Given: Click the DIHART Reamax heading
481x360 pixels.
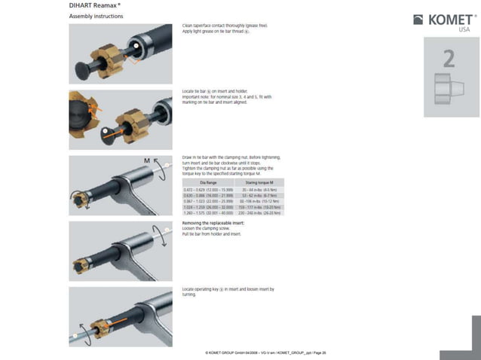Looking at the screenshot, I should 95,5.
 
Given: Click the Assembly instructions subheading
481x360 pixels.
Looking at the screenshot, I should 97,16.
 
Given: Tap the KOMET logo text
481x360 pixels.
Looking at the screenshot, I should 450,20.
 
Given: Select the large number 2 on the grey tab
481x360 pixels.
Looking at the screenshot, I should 449,58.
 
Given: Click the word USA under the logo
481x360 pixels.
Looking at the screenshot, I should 464,30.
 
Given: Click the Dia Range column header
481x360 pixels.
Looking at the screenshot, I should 208,183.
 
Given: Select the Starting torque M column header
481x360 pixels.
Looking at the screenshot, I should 260,183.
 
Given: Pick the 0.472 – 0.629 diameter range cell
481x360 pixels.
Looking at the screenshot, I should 208,190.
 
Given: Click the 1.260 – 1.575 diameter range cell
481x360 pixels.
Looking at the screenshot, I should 208,213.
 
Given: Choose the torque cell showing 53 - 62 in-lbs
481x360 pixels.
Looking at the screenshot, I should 260,196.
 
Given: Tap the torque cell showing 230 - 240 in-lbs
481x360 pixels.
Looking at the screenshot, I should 260,213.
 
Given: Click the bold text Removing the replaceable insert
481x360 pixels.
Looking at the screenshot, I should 212,223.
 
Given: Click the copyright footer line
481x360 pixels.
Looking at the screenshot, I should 265,352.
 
